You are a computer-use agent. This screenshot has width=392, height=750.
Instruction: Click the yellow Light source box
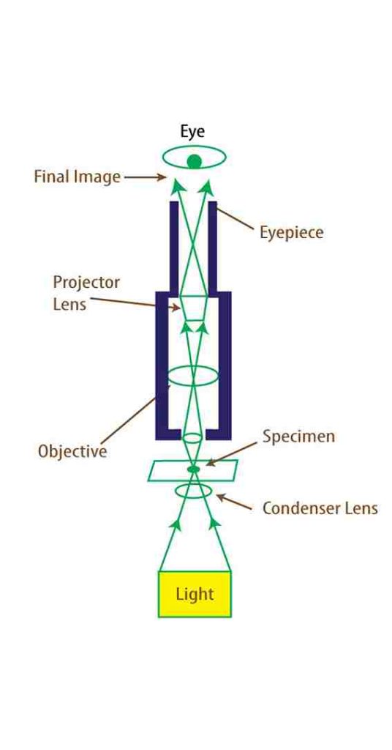[195, 594]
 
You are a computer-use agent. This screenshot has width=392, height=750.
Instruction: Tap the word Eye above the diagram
[192, 132]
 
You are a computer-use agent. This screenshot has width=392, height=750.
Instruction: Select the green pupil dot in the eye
[194, 162]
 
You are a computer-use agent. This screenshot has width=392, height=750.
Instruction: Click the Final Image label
[77, 177]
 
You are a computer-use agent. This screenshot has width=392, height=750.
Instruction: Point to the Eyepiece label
[291, 233]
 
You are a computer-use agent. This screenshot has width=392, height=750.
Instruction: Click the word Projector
[86, 282]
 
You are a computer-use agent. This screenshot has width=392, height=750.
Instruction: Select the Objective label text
[72, 451]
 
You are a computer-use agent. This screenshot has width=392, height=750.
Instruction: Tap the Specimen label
[298, 437]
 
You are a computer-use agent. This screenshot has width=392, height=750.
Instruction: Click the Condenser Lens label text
[320, 508]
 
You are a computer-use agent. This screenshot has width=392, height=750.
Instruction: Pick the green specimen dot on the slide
[193, 469]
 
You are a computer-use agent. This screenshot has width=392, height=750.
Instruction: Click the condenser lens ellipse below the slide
[193, 491]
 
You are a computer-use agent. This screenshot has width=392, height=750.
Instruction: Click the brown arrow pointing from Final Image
[145, 177]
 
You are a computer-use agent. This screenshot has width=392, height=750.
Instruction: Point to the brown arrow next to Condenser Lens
[234, 502]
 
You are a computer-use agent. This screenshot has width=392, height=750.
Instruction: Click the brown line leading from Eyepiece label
[235, 219]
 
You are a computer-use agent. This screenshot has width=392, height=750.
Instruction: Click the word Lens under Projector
[69, 305]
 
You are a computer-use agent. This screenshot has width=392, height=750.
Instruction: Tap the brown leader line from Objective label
[135, 415]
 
